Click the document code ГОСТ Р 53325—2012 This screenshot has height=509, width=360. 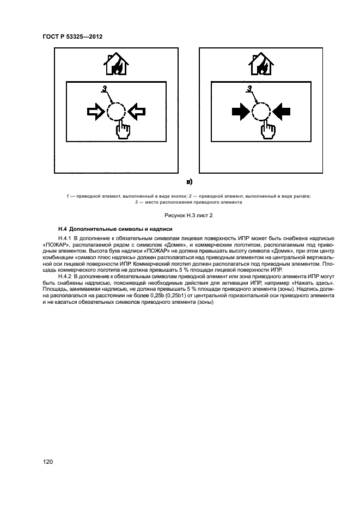pos(72,36)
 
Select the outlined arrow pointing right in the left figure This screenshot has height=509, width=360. pos(96,112)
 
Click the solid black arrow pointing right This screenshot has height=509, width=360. pos(240,112)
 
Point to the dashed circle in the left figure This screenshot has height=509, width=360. pos(117,112)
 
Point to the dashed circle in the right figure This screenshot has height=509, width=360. pos(261,112)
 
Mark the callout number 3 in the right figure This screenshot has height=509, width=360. pos(249,89)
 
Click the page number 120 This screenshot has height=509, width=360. pos(48,462)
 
